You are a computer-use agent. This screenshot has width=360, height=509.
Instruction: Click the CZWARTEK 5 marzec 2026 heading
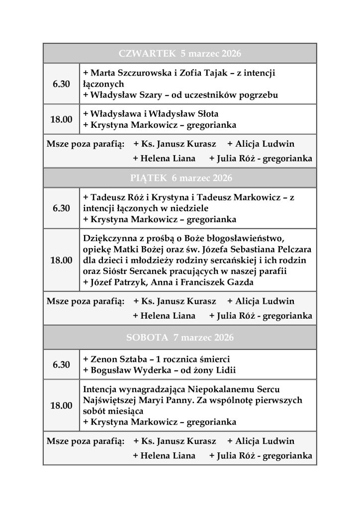pos(180,53)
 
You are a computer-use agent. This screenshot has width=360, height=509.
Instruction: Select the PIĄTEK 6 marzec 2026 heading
pos(180,178)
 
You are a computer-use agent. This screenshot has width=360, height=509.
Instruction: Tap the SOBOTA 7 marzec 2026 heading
pos(180,338)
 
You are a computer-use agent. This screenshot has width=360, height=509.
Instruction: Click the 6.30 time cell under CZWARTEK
pos(61,84)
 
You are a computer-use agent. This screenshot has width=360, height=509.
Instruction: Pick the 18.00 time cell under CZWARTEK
pos(61,119)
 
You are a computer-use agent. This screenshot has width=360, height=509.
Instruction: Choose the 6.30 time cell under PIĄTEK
pos(61,208)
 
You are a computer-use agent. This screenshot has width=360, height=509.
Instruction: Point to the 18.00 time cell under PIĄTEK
pos(61,260)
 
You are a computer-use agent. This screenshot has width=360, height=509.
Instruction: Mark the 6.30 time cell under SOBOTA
pos(61,364)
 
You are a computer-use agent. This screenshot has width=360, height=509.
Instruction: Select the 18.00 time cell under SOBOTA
pos(61,406)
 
